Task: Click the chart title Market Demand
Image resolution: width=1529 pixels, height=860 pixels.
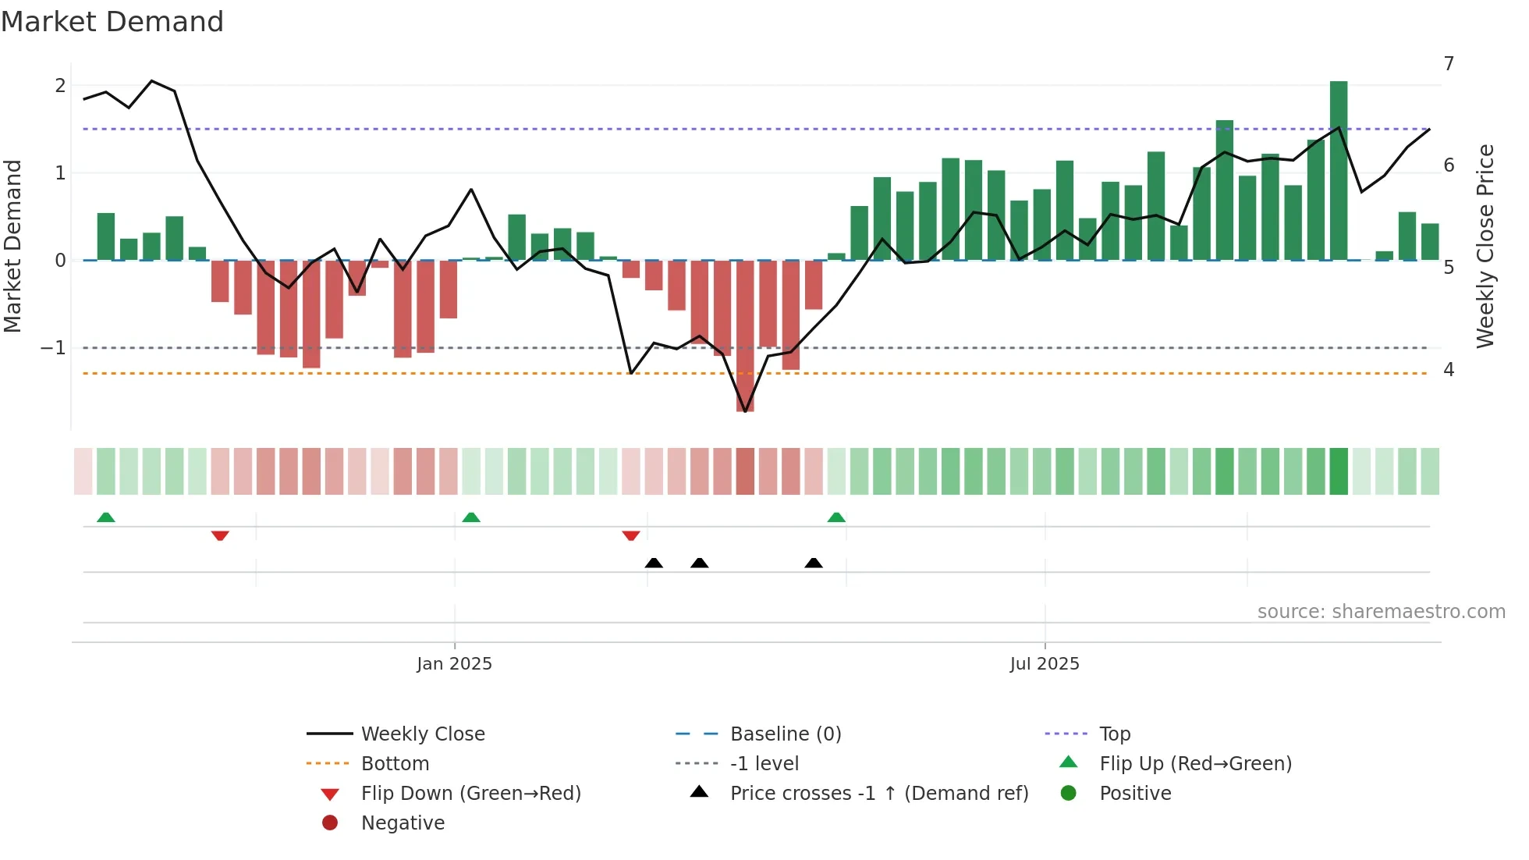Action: point(112,22)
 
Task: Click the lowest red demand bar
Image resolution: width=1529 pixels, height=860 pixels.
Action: point(745,336)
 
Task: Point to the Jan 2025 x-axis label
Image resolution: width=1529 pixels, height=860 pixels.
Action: point(454,664)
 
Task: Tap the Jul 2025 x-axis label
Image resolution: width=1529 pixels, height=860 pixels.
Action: point(1044,664)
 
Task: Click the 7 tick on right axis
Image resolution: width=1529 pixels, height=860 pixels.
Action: point(1449,64)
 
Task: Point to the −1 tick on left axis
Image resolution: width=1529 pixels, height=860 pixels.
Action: point(53,348)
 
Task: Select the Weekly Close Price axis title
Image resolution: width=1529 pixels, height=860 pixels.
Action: point(1485,246)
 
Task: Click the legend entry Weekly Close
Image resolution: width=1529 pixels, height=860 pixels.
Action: point(422,734)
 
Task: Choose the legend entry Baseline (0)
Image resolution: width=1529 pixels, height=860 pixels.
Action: point(785,734)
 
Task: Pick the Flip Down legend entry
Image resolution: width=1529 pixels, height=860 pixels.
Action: point(470,794)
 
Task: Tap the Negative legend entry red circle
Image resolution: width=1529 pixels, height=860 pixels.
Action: point(330,823)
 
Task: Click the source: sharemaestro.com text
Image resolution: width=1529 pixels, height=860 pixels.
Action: point(1381,612)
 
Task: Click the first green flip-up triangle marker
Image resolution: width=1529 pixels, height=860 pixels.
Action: point(106,517)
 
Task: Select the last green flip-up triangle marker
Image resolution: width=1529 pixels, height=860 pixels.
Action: point(836,517)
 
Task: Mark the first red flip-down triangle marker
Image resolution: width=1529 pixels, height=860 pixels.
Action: point(220,535)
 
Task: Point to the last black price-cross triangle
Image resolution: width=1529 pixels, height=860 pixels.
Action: point(814,563)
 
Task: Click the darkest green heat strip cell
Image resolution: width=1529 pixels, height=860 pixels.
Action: point(1339,471)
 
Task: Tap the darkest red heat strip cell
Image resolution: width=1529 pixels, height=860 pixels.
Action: point(745,471)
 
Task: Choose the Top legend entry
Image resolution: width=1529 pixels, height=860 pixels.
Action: point(1114,734)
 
